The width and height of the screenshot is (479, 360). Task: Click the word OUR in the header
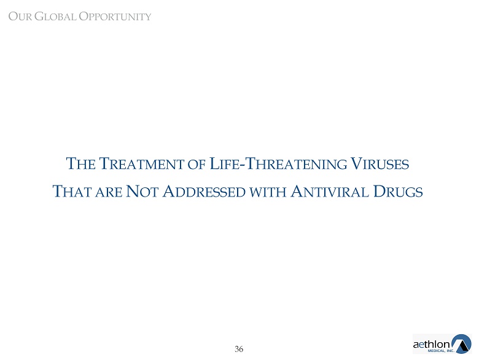click(x=20, y=17)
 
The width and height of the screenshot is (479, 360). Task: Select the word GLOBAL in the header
click(x=55, y=17)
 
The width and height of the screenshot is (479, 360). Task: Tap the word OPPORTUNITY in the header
click(x=115, y=17)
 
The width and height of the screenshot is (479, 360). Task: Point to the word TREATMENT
click(x=141, y=163)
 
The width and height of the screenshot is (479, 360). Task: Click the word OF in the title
click(x=197, y=165)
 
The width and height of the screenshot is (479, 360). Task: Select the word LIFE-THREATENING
click(x=278, y=163)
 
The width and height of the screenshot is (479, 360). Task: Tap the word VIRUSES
click(x=380, y=163)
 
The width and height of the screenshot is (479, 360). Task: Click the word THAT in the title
click(x=72, y=192)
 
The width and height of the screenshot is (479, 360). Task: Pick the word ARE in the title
click(x=109, y=192)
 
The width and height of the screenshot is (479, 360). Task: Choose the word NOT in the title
click(x=142, y=192)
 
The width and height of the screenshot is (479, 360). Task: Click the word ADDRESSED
click(x=204, y=192)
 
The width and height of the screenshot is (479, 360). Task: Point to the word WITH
click(x=268, y=192)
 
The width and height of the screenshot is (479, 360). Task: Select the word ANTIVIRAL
click(x=330, y=192)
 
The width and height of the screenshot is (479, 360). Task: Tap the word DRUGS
click(x=398, y=192)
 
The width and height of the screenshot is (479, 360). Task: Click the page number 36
click(x=239, y=349)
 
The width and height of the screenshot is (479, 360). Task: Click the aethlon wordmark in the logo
click(x=431, y=345)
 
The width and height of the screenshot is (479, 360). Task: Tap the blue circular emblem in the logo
click(x=461, y=344)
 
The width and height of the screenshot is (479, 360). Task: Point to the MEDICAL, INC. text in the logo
click(x=441, y=351)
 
